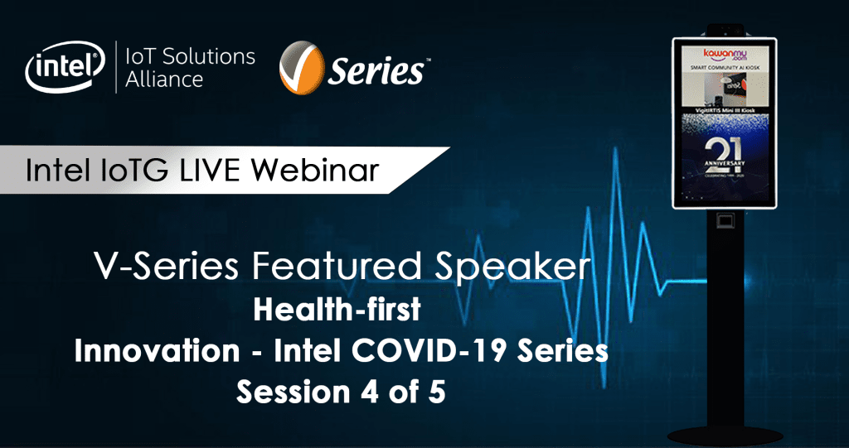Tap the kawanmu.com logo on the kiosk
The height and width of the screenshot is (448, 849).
(725, 52)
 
